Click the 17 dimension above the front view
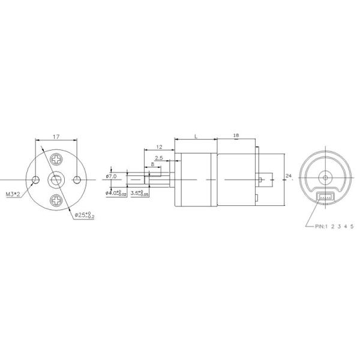point(56,137)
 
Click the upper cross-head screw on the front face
point(56,160)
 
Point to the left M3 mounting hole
point(36,179)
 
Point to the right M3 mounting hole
point(76,179)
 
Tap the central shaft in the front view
point(56,179)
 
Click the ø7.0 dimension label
point(110,176)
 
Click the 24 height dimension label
point(289,176)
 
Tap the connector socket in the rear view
point(325,197)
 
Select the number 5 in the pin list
point(352,226)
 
